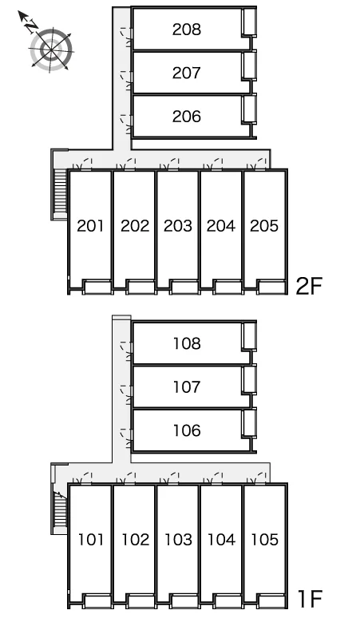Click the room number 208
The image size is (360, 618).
[187, 30]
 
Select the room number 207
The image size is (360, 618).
[187, 73]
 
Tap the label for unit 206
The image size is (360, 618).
[187, 117]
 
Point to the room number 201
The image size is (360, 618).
[91, 226]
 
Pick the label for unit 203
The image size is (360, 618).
[178, 226]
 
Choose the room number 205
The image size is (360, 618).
[264, 226]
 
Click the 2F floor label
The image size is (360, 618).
[309, 286]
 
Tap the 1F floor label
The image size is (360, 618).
[311, 599]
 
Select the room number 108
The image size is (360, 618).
[187, 343]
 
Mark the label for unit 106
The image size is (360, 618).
[187, 430]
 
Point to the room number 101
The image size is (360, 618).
[91, 540]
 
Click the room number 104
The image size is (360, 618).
[221, 540]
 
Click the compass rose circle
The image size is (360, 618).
[52, 50]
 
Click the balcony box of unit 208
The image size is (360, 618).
[249, 22]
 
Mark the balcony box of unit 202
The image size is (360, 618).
[140, 287]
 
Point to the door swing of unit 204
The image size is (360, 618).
[213, 164]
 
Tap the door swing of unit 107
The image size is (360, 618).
[127, 395]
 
